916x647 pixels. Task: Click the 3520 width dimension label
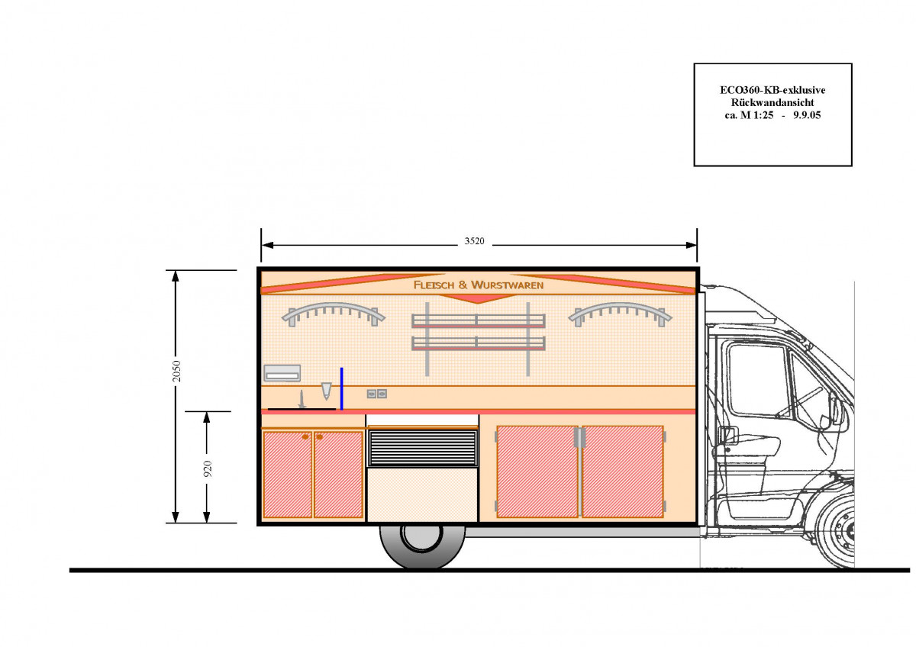coord(474,241)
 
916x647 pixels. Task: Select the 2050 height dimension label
coord(176,371)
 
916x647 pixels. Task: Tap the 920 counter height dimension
coord(208,468)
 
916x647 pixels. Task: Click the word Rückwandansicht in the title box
coord(772,102)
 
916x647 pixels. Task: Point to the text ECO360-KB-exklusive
coord(772,90)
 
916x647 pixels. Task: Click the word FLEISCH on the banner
coord(434,285)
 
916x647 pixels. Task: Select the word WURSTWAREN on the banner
coord(508,285)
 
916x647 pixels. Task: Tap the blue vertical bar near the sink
coord(342,388)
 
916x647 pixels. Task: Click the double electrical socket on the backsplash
coord(376,394)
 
